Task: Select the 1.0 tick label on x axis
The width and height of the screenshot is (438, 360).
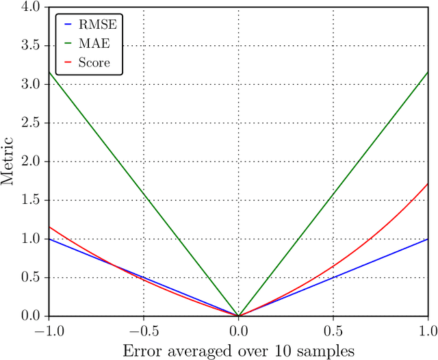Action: tap(428, 330)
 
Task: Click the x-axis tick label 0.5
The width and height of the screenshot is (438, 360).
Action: tap(333, 330)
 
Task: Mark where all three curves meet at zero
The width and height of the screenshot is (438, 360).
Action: tap(238, 316)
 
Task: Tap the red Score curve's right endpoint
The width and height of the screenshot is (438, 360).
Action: tap(428, 183)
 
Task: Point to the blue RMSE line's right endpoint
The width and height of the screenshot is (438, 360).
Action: tap(428, 239)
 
